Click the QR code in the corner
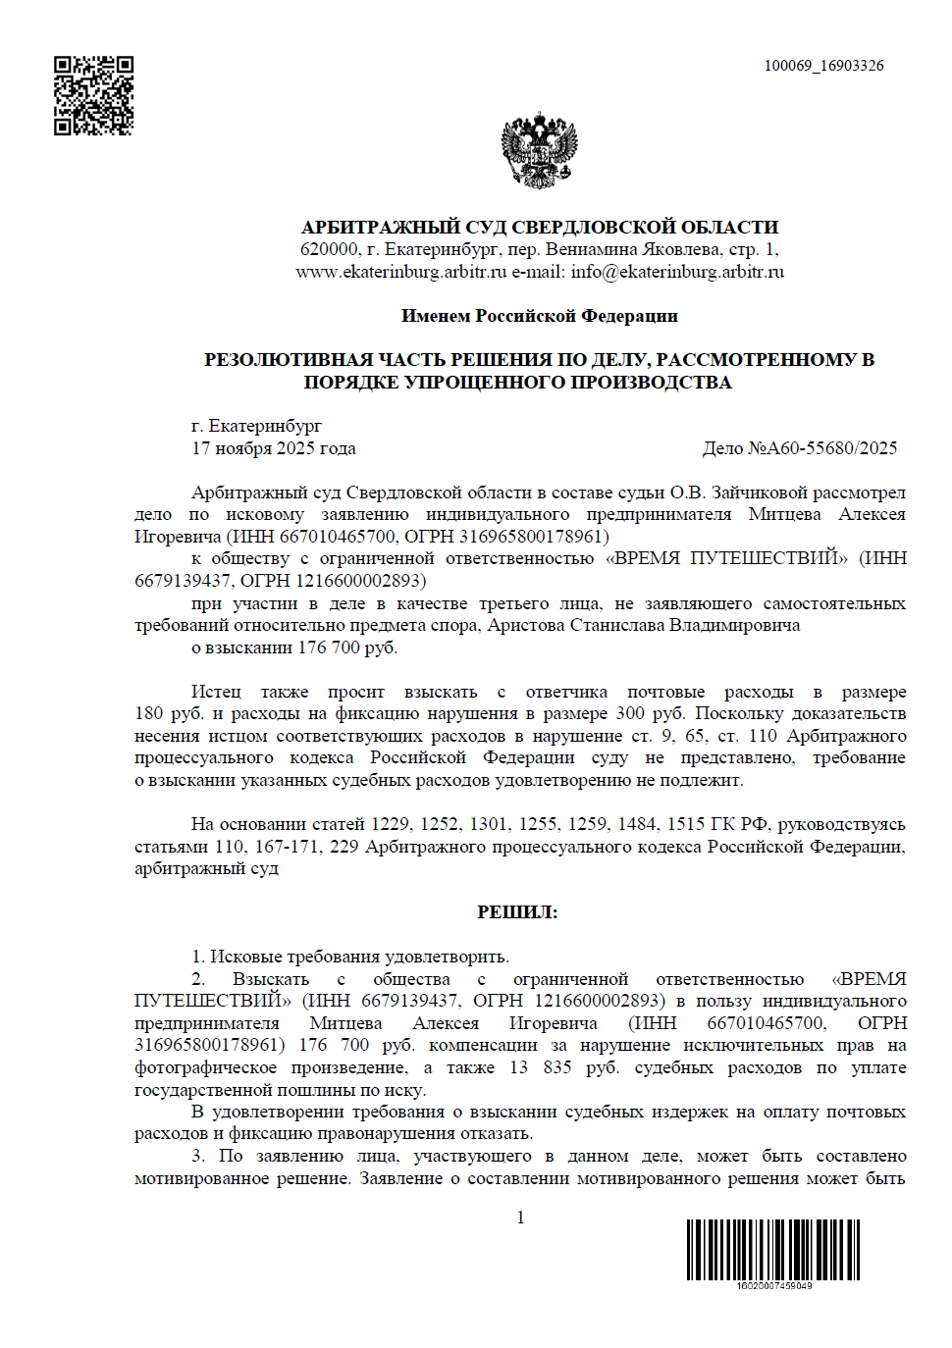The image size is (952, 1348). [93, 95]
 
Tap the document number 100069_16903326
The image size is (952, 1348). [823, 66]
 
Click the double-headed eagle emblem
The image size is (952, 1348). [539, 150]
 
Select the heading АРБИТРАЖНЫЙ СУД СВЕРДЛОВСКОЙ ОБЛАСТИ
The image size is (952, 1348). [539, 227]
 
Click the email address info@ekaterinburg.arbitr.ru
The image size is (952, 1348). [677, 272]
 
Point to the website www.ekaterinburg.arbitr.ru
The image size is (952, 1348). [400, 272]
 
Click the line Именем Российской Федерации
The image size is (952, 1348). [539, 316]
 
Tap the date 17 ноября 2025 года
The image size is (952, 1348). [273, 448]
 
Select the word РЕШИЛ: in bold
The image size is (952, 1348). [517, 912]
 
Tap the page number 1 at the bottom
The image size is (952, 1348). [520, 1218]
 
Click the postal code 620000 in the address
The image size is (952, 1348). [329, 249]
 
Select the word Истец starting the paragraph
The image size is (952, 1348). [216, 692]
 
